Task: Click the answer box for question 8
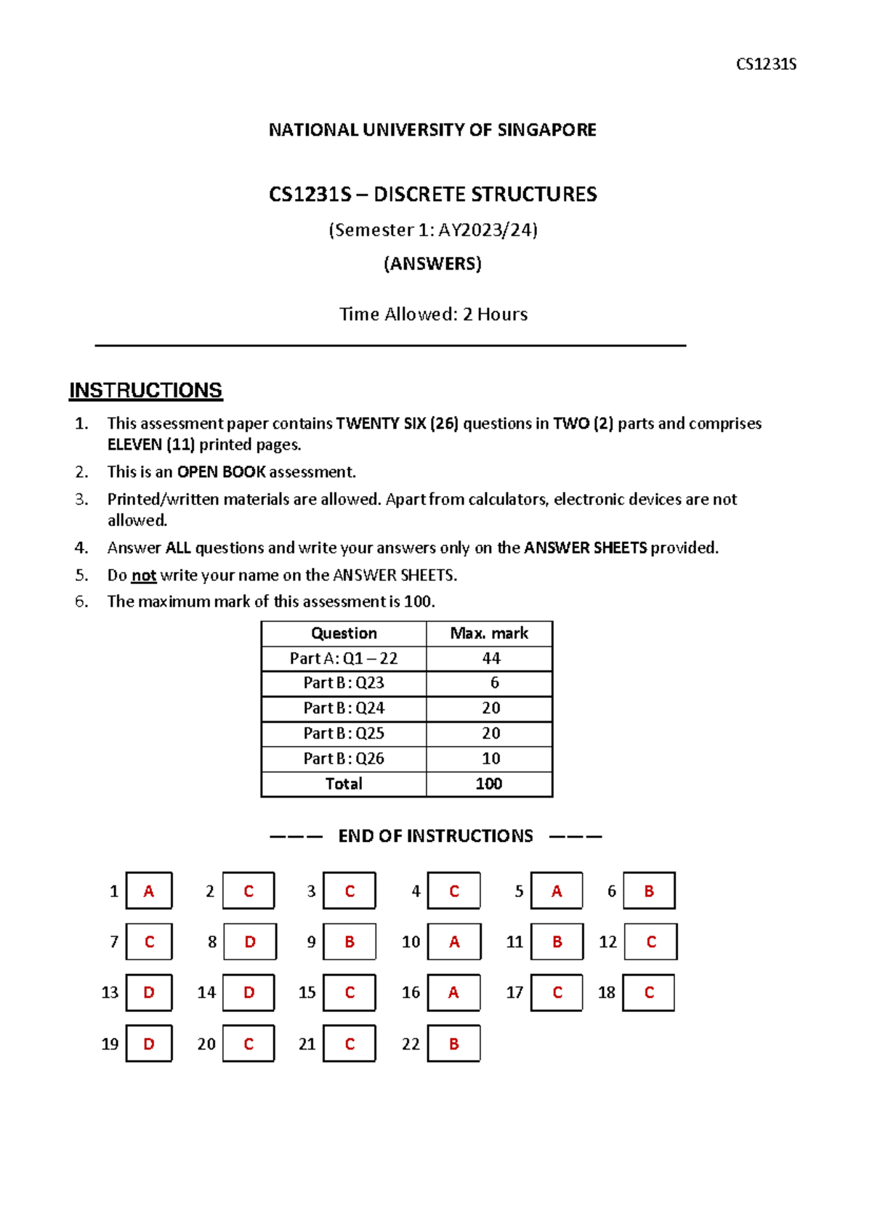click(x=250, y=941)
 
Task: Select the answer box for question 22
click(x=453, y=1043)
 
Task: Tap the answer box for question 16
click(x=453, y=992)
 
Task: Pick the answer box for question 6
click(x=649, y=891)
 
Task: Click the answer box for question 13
click(x=149, y=992)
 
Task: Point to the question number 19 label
click(x=110, y=1044)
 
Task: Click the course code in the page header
click(x=766, y=64)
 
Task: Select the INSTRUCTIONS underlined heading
click(x=145, y=390)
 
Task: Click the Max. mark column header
click(x=489, y=633)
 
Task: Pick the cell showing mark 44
click(x=490, y=658)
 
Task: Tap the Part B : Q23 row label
click(x=344, y=683)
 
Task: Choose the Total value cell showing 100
click(x=488, y=784)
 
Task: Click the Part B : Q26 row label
click(x=344, y=758)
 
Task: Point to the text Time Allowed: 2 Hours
click(x=433, y=314)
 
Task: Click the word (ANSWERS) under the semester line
click(x=432, y=263)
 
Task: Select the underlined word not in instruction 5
click(x=143, y=575)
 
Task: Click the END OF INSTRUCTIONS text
click(x=435, y=836)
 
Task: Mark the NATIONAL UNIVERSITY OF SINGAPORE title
click(x=432, y=130)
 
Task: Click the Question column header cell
click(x=344, y=633)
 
